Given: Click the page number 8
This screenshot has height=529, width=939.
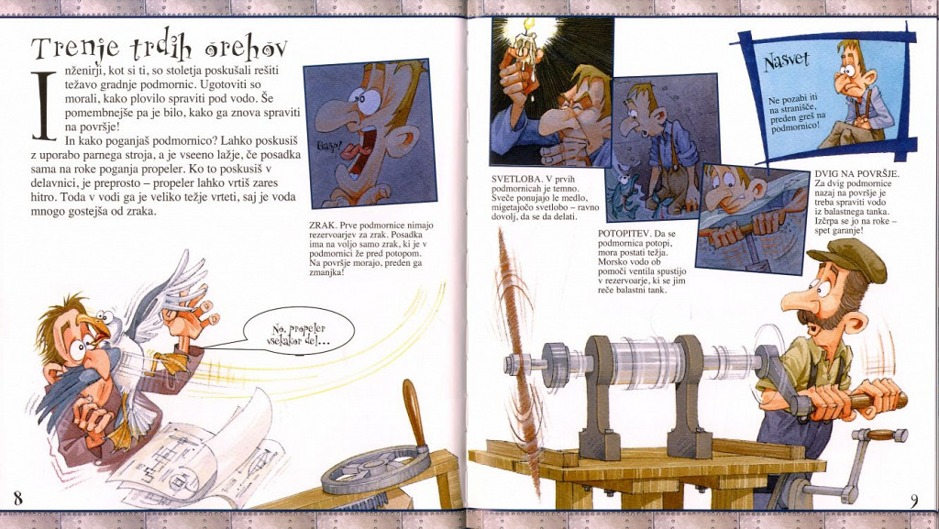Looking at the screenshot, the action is click(18, 497).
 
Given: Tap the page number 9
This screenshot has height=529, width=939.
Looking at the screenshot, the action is click(914, 501).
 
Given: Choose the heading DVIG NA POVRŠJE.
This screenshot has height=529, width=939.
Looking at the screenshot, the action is click(857, 174).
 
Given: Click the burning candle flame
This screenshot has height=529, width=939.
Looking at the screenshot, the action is click(529, 25).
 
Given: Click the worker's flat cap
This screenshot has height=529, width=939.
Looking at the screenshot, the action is click(848, 258).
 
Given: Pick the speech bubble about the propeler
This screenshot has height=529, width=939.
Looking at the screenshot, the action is click(300, 331).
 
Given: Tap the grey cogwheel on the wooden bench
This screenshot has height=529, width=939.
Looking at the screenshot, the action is click(375, 468).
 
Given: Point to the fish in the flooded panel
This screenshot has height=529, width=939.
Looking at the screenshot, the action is click(624, 195).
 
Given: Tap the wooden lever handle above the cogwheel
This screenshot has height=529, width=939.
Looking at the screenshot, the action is click(414, 413).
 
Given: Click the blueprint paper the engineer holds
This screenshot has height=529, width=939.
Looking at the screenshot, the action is click(198, 455).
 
